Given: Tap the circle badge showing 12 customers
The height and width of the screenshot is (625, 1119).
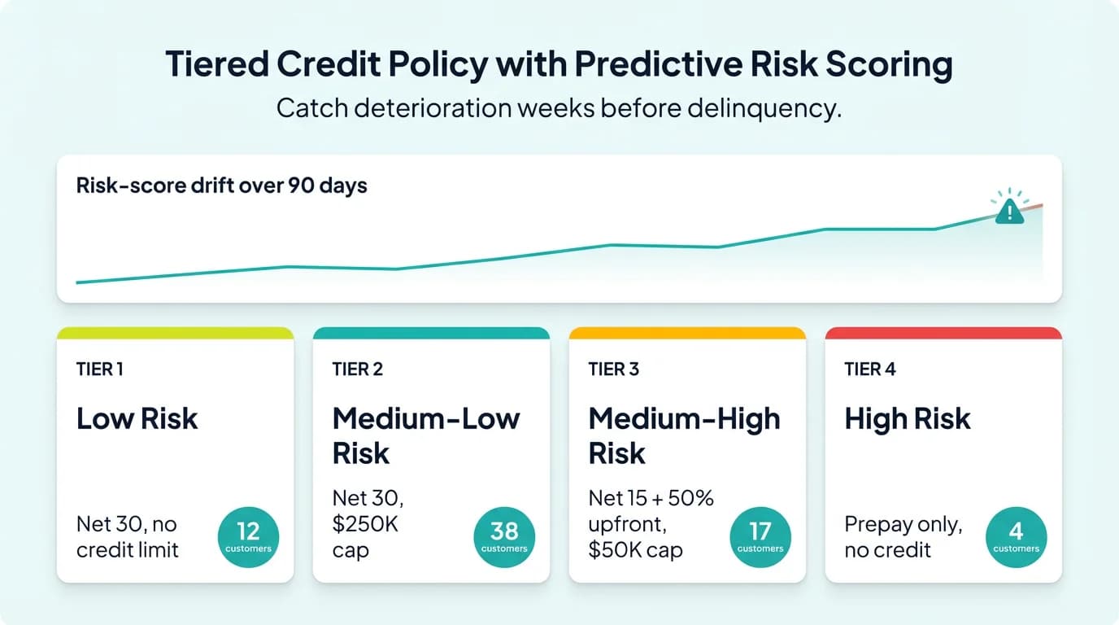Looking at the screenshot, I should click(x=248, y=537).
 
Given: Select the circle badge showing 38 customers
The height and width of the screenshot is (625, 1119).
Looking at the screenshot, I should click(x=504, y=537).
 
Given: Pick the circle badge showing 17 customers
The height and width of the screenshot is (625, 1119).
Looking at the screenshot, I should click(x=760, y=537).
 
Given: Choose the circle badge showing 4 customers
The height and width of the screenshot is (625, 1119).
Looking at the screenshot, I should click(x=1016, y=537).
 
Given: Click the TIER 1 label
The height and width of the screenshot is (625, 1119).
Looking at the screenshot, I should click(x=100, y=369).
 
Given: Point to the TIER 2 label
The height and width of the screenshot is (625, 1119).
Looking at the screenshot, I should click(x=357, y=369).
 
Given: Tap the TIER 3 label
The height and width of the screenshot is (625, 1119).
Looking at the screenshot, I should click(x=613, y=369).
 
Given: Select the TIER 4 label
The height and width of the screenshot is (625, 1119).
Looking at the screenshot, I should click(x=869, y=369).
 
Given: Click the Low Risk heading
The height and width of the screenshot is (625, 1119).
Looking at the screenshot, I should click(x=137, y=419).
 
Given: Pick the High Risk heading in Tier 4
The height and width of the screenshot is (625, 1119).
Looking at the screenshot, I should click(x=908, y=419).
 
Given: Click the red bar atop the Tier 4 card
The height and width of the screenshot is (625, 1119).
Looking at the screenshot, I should click(x=943, y=333).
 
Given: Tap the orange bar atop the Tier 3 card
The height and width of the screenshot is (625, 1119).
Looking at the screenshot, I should click(x=687, y=333).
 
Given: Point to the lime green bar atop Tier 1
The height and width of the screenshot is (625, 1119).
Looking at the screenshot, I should click(x=175, y=333).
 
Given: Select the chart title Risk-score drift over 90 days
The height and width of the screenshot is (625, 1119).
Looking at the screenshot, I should click(x=221, y=186).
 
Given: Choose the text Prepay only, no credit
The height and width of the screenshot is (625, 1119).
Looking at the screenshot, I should click(x=903, y=537).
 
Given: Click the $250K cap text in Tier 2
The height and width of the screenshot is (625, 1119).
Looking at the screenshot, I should click(x=365, y=536).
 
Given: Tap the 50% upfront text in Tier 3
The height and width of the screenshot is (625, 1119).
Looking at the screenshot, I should click(x=651, y=511).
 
